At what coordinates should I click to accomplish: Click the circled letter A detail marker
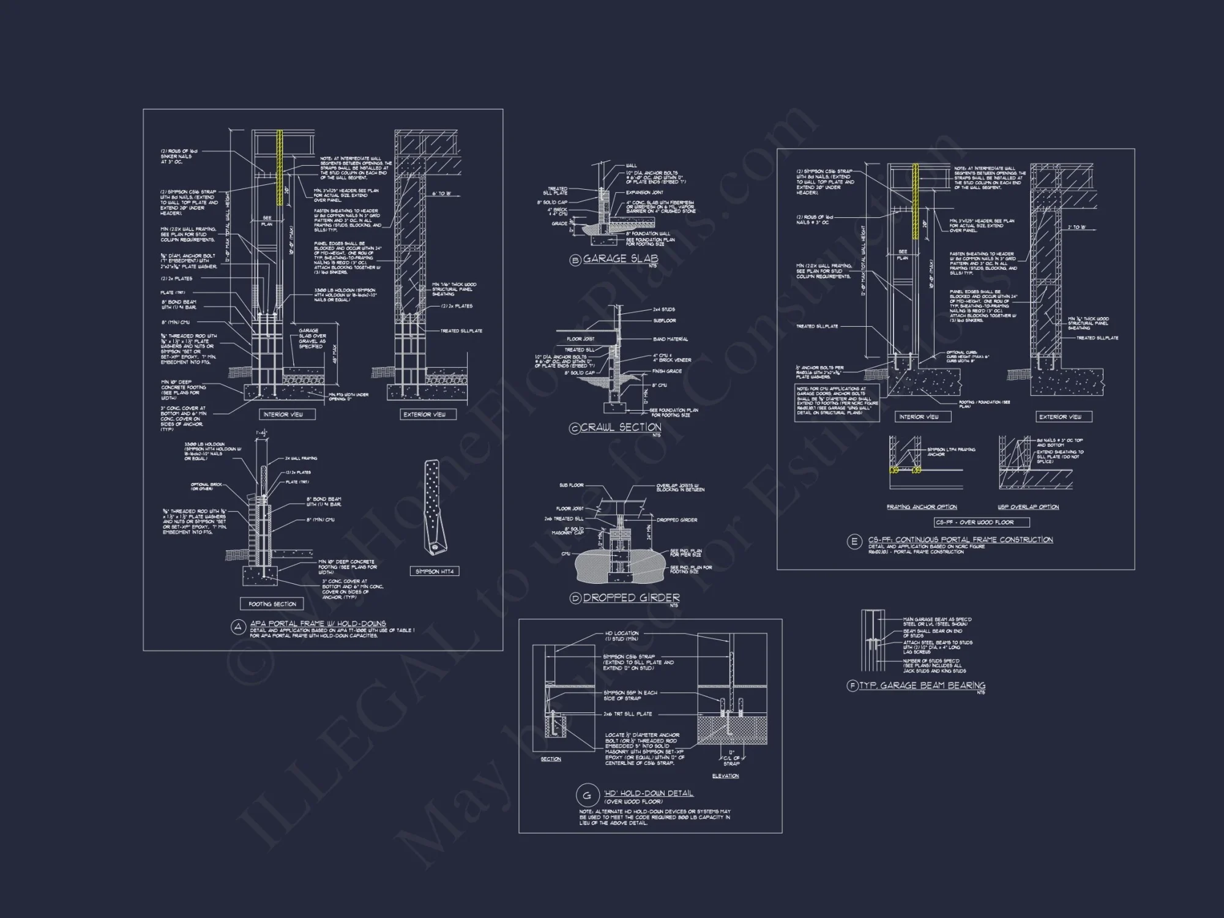pyautogui.click(x=238, y=627)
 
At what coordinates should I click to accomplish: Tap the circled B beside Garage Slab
pyautogui.click(x=575, y=260)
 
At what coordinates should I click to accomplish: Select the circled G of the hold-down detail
pyautogui.click(x=587, y=796)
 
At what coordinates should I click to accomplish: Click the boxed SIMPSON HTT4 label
pyautogui.click(x=434, y=571)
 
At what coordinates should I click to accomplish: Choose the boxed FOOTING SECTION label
pyautogui.click(x=272, y=604)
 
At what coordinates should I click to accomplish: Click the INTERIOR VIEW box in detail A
pyautogui.click(x=283, y=414)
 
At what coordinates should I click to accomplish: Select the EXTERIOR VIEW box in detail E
pyautogui.click(x=1060, y=417)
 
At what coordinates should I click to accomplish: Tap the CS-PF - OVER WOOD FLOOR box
pyautogui.click(x=982, y=522)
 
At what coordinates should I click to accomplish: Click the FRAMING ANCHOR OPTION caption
pyautogui.click(x=922, y=507)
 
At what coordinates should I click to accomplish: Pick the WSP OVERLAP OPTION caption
pyautogui.click(x=1028, y=507)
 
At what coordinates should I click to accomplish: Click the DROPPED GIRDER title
pyautogui.click(x=631, y=597)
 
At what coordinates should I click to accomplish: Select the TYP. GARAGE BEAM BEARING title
pyautogui.click(x=922, y=685)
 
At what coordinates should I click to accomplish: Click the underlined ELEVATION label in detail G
pyautogui.click(x=725, y=776)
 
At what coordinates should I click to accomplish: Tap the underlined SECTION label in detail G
pyautogui.click(x=551, y=759)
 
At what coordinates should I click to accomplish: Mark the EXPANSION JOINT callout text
pyautogui.click(x=644, y=192)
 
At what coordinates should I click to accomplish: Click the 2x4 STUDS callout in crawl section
pyautogui.click(x=663, y=310)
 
